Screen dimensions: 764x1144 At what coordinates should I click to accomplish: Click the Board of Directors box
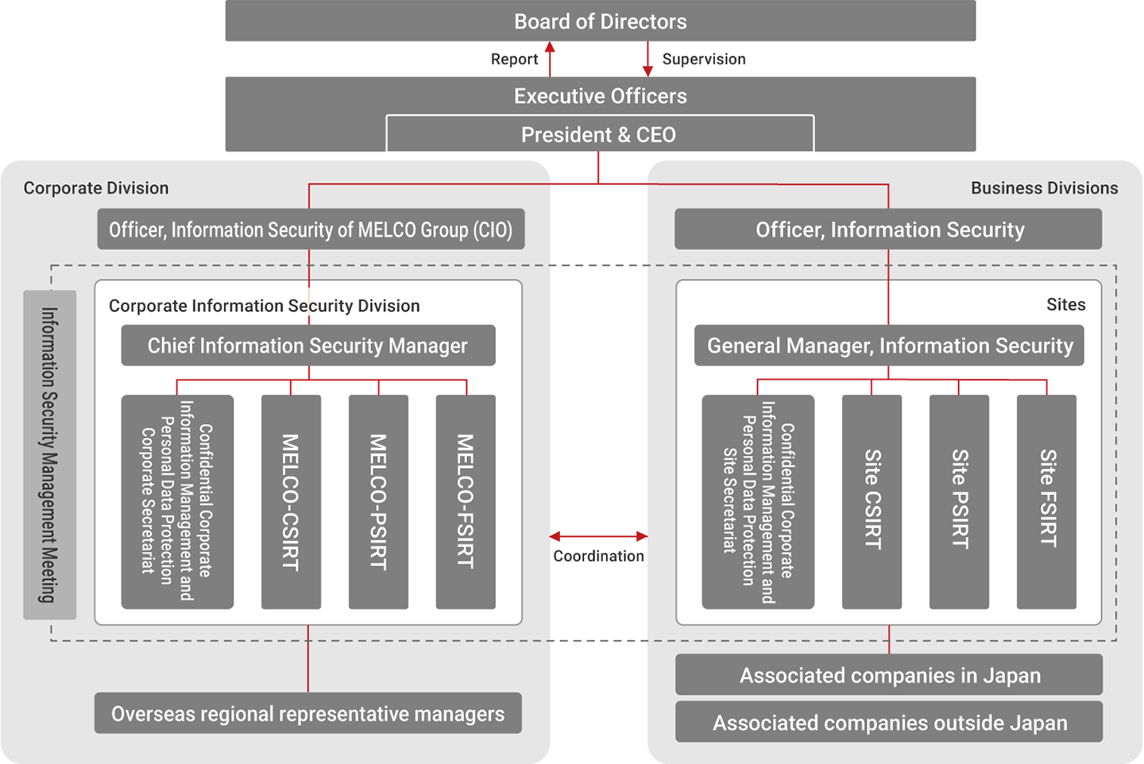pos(600,21)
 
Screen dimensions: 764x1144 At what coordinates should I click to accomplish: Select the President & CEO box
pos(599,134)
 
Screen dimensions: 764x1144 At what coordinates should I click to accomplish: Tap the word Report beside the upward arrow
pos(514,60)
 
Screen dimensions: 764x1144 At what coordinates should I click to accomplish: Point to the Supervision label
pos(704,60)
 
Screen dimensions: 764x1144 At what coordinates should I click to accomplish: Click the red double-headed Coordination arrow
pos(598,536)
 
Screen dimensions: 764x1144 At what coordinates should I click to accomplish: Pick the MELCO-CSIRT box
pos(291,502)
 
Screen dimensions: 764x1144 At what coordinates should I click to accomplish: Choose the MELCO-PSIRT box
pos(378,502)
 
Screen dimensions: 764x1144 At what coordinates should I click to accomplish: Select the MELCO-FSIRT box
pos(466,502)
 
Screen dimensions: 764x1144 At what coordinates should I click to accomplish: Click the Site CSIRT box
pos(872,502)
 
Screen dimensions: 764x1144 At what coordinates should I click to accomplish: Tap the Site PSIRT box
pos(959,502)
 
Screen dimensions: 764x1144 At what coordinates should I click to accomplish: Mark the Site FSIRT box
pos(1046,502)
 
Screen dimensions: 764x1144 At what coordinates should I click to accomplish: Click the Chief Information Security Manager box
pos(307,345)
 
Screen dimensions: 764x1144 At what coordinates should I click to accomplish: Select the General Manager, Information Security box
pos(889,345)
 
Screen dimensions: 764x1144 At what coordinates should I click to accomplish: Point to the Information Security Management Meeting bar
pos(50,454)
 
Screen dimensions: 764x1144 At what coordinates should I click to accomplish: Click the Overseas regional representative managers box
pos(307,713)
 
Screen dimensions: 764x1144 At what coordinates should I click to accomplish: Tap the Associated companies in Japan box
pos(889,675)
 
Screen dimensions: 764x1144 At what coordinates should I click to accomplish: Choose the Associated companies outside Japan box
pos(889,722)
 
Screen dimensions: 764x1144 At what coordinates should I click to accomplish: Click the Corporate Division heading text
pos(96,188)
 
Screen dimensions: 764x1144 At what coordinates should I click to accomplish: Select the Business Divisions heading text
pos(1044,188)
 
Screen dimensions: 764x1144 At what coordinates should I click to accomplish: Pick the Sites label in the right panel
pos(1065,305)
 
